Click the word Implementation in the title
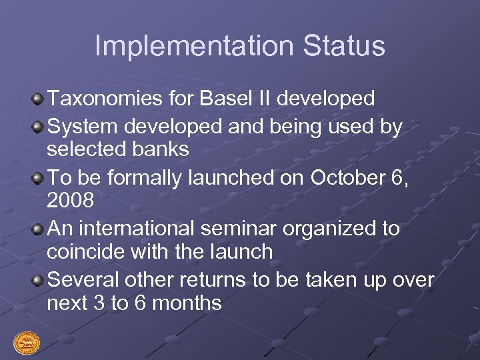193,47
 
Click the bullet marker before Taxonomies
38,100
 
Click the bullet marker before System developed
38,126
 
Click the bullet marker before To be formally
38,178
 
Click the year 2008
70,201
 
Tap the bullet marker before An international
38,229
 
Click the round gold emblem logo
27,343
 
